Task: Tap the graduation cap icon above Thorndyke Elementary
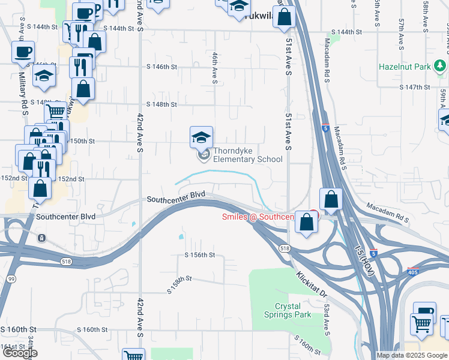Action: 201,137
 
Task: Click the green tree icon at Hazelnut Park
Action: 440,65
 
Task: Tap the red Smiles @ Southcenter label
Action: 258,217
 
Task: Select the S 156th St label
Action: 200,255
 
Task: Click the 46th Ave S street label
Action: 214,67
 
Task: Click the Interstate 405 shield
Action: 414,272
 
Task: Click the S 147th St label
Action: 415,88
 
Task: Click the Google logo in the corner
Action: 20,353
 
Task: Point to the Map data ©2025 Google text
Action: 412,355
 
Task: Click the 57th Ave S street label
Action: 400,18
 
